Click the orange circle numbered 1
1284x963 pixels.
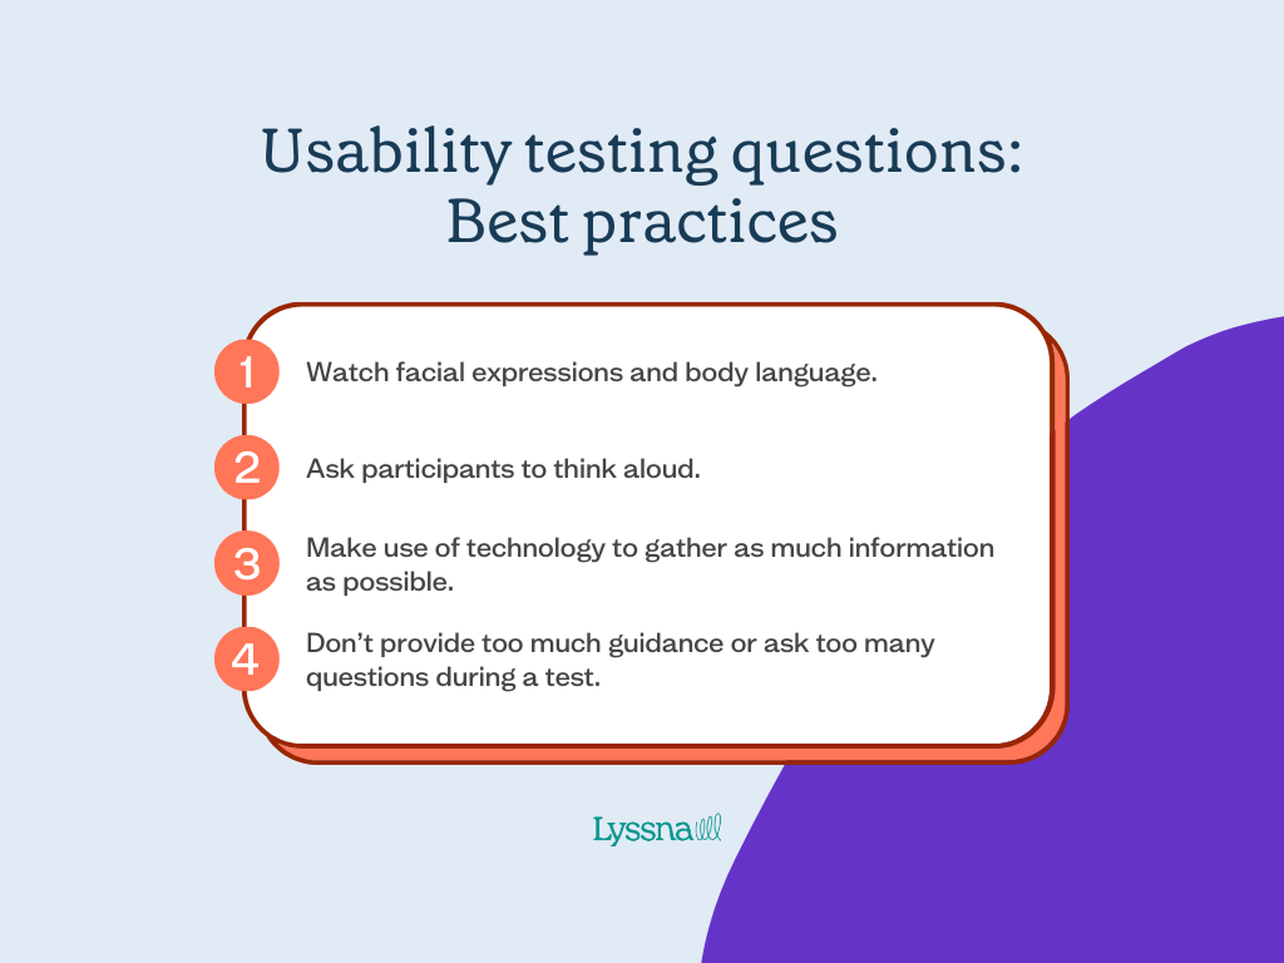(247, 371)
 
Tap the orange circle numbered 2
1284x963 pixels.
(247, 467)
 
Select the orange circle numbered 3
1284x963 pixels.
(247, 563)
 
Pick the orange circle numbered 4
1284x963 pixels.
(247, 659)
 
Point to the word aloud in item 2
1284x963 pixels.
(662, 468)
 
